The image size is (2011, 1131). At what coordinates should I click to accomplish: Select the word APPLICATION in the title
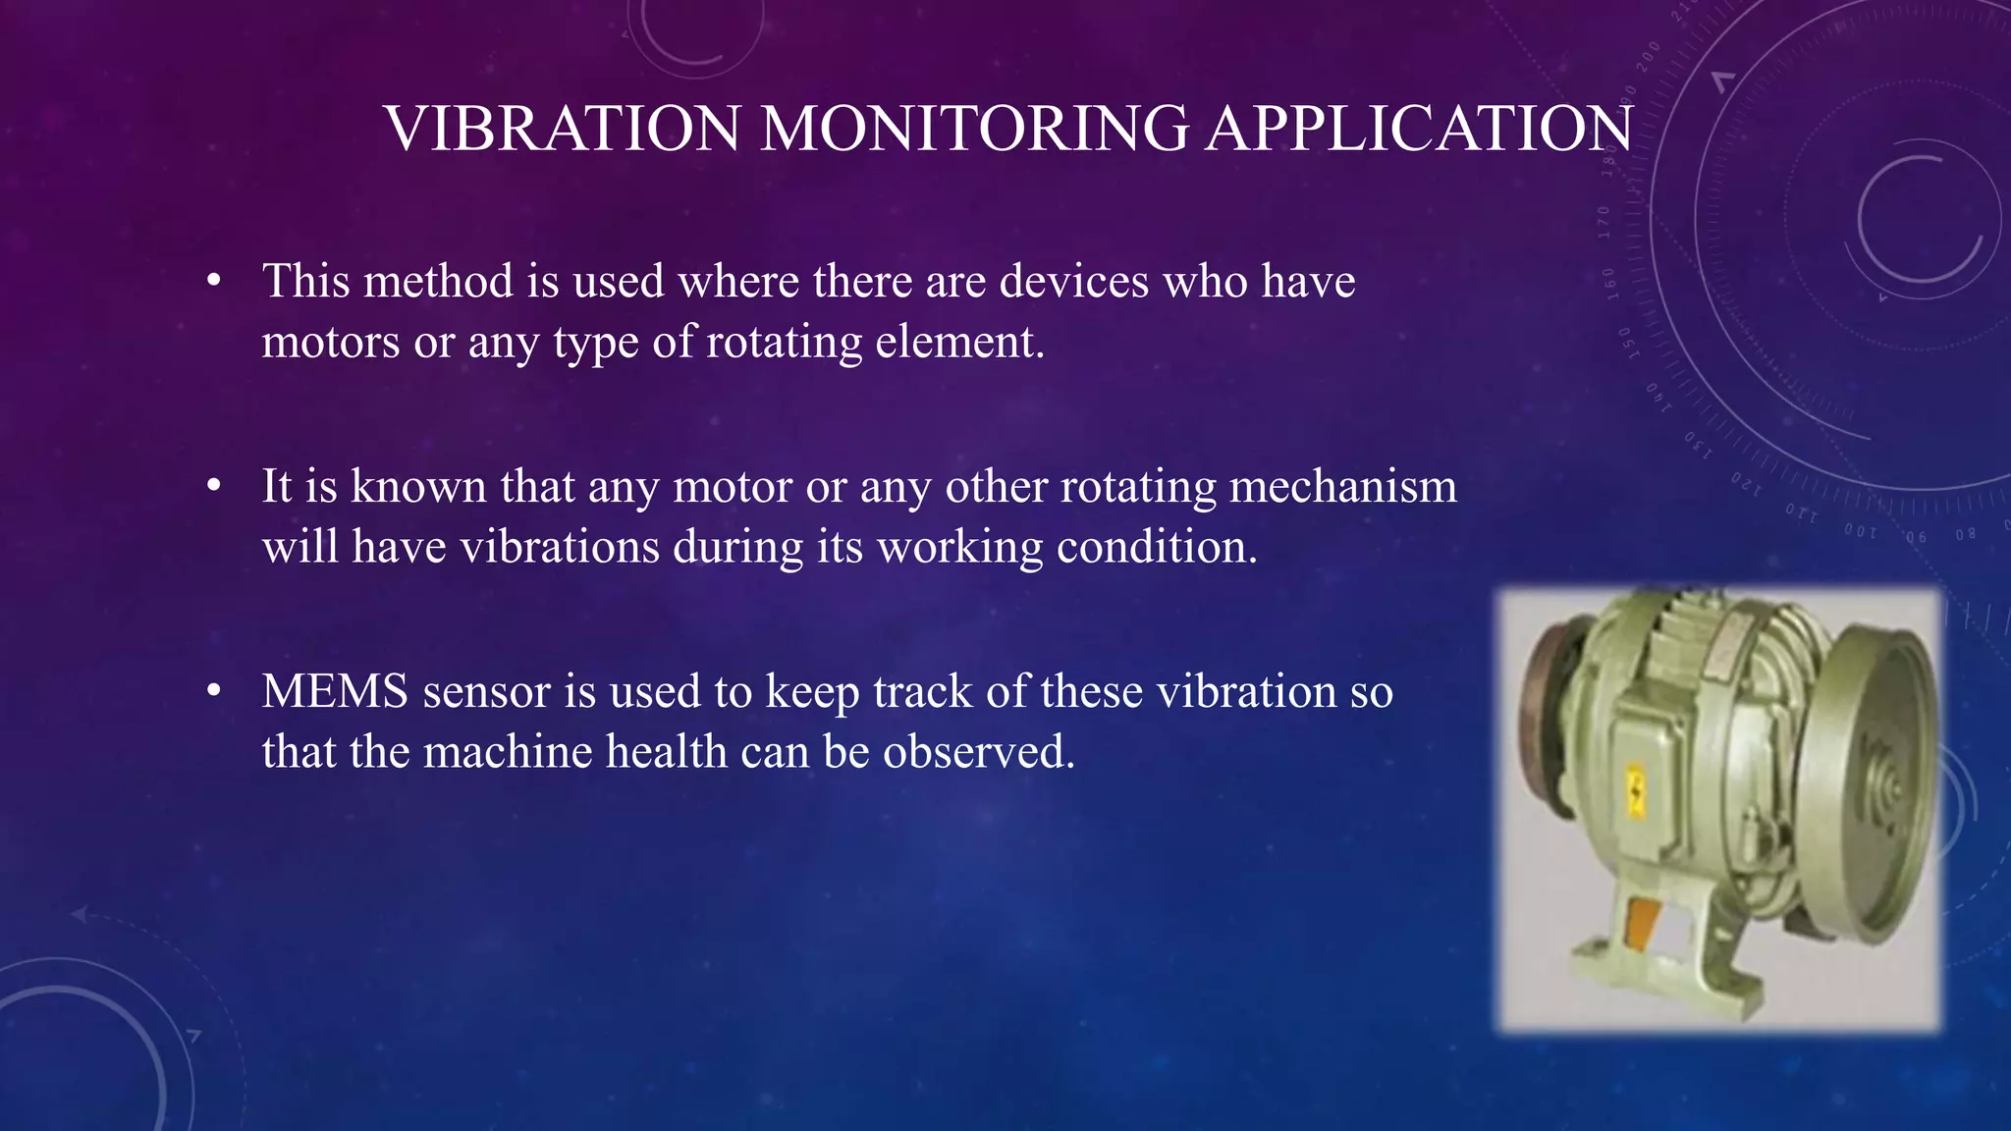(1419, 129)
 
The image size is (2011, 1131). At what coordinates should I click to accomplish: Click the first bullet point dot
(214, 283)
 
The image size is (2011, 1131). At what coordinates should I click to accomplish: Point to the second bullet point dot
(214, 488)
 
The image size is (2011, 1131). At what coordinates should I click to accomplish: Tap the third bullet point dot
(214, 693)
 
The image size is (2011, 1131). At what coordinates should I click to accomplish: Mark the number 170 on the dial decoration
(1603, 223)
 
